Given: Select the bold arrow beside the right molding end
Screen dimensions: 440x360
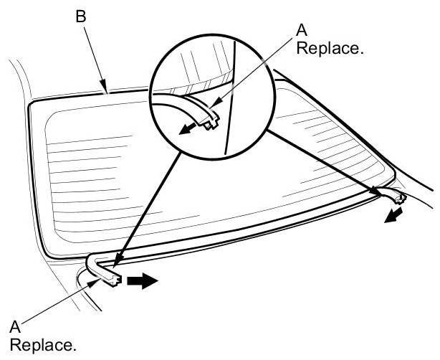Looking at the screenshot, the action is tap(393, 216).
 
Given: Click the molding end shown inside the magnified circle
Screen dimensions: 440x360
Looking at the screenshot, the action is tap(209, 118).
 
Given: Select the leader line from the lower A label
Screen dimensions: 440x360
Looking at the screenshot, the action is tap(57, 302).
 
